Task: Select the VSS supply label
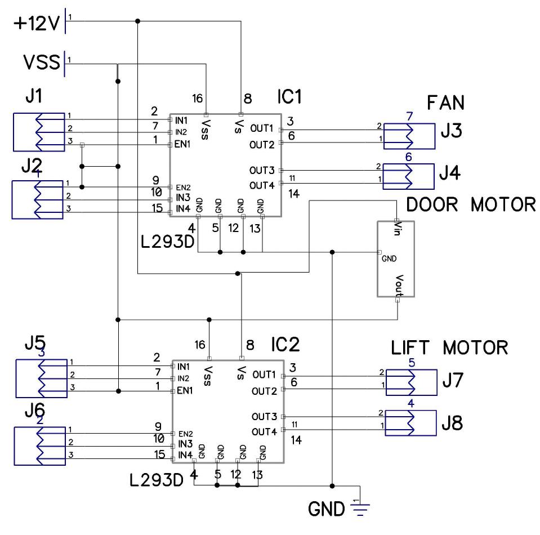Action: (x=41, y=61)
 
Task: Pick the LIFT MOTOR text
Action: (x=449, y=347)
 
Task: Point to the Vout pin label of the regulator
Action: (x=397, y=285)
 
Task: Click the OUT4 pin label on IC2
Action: (x=264, y=432)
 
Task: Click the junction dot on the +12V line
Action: (x=138, y=21)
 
